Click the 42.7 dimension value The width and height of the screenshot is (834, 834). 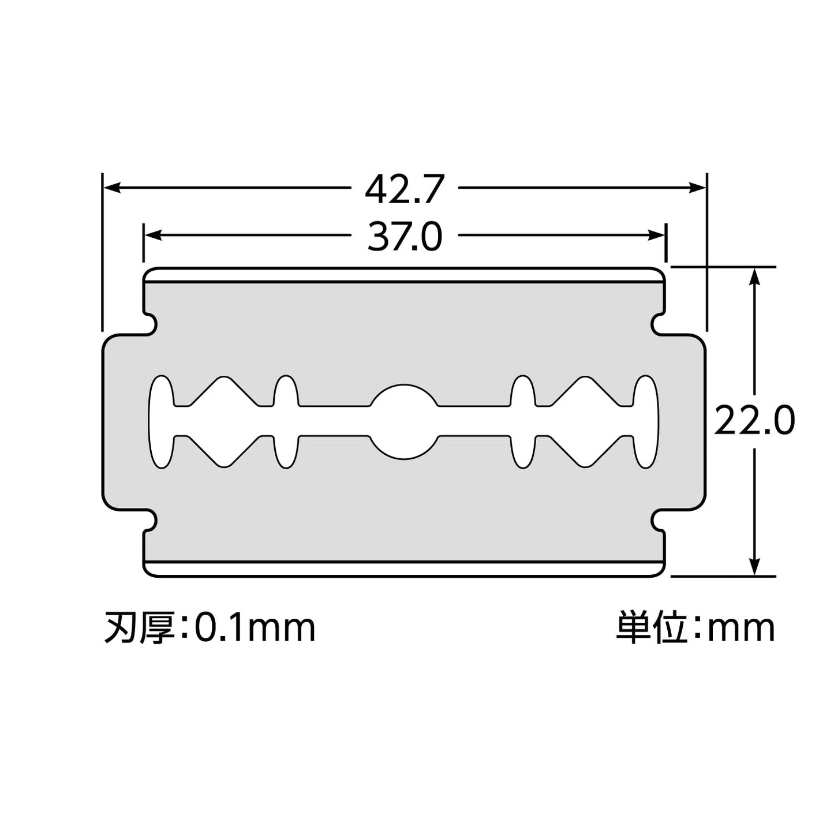(404, 189)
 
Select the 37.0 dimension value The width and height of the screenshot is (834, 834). (404, 237)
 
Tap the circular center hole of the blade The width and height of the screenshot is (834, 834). (404, 421)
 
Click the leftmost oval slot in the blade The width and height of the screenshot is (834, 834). (162, 421)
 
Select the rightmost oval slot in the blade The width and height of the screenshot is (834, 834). (646, 421)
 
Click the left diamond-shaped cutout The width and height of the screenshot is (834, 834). (224, 421)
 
